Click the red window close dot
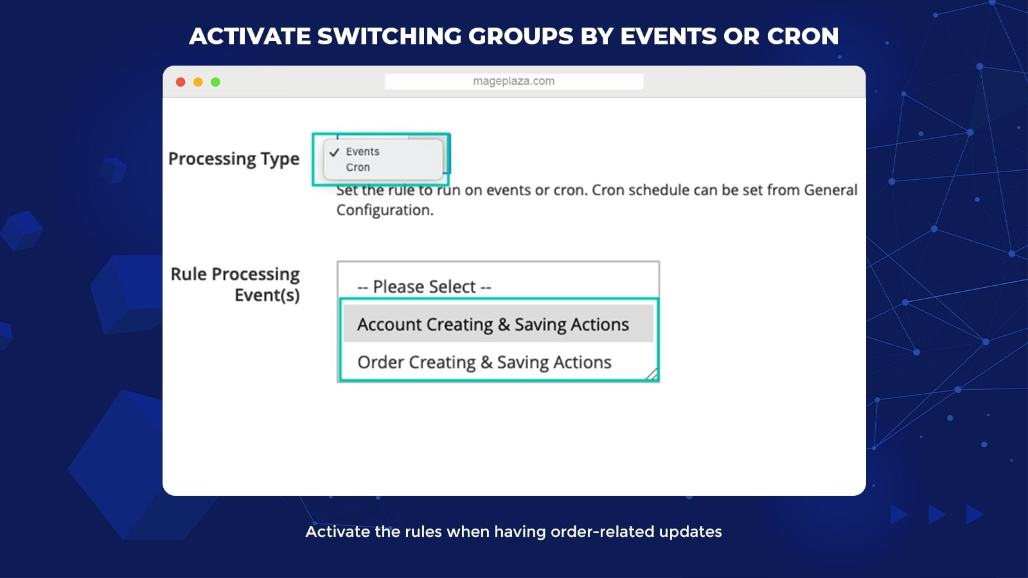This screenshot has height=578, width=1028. (181, 82)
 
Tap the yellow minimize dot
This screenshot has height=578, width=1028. (198, 82)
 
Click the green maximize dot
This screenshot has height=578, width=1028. (215, 82)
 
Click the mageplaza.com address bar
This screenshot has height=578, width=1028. (514, 81)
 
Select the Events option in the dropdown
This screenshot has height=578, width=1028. (362, 152)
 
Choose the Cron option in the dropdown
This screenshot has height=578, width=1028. (358, 168)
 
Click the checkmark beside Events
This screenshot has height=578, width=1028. (334, 152)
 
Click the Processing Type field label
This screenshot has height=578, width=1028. (234, 159)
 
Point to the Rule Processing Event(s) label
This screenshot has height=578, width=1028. (235, 285)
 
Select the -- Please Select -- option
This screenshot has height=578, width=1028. (424, 286)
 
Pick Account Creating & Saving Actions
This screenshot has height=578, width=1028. (493, 324)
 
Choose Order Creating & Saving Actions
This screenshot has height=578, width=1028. (484, 362)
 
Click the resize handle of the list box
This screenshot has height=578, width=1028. (651, 375)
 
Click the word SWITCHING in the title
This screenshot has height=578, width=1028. (389, 36)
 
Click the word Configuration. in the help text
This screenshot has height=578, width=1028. (385, 210)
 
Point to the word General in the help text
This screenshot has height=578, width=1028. (831, 190)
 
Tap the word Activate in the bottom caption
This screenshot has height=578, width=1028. (337, 532)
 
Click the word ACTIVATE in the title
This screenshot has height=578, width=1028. (250, 36)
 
